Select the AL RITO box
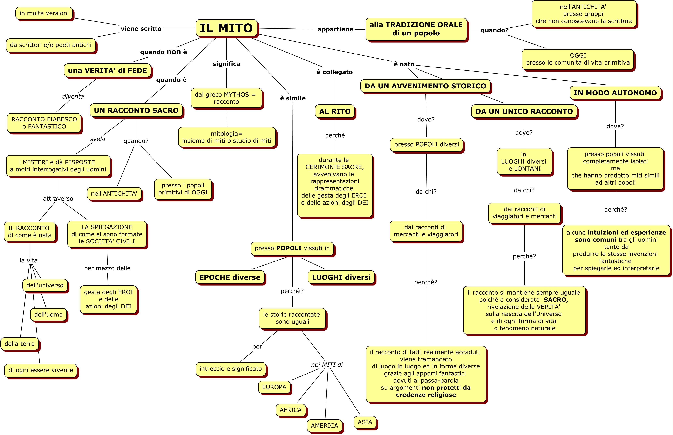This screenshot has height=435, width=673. click(335, 112)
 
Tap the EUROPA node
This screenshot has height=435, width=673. click(274, 387)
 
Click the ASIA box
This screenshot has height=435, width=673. click(365, 422)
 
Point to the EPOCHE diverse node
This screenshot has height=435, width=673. click(230, 277)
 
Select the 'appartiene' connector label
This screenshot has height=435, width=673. click(335, 29)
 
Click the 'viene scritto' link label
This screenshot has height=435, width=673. click(141, 28)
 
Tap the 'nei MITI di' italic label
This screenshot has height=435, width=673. click(327, 365)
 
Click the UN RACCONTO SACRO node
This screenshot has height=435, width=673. click(136, 110)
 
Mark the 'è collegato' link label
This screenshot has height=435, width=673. click(334, 72)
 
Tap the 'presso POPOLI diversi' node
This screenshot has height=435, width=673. click(426, 144)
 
